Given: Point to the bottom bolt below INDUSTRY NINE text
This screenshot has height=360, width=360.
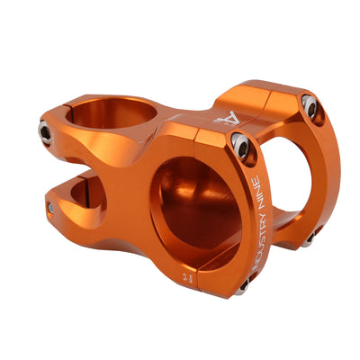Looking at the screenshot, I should [242, 285].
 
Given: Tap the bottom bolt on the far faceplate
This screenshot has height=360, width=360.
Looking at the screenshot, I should [309, 238].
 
